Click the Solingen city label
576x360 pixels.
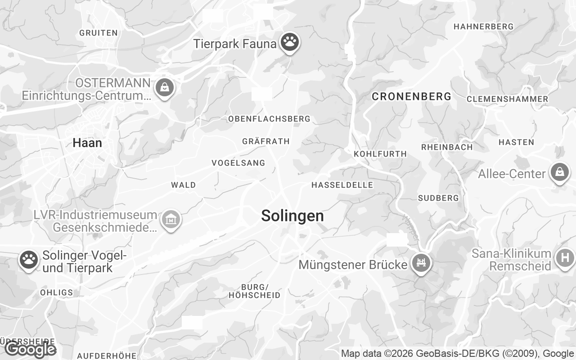coord(292,216)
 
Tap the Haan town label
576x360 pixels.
coord(87,143)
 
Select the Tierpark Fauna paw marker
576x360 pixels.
coord(290,42)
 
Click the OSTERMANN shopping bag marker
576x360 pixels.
coord(165,87)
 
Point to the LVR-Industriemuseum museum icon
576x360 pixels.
coord(171,220)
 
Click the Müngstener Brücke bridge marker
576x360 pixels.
coord(421,262)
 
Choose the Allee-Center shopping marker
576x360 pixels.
coord(559,172)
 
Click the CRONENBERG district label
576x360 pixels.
coord(412,96)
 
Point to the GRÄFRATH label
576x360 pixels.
coord(266,141)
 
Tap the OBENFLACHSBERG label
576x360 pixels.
coord(269,119)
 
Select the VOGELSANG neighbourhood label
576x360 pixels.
coord(238,163)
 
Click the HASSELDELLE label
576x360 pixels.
coord(342,185)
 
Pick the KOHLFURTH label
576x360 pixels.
coord(380,154)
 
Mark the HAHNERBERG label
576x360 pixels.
coord(483,27)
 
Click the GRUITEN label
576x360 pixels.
coord(99,32)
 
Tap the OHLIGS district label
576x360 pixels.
coord(56,292)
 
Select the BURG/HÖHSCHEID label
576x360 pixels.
coord(255,291)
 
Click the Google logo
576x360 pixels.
coord(30,349)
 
